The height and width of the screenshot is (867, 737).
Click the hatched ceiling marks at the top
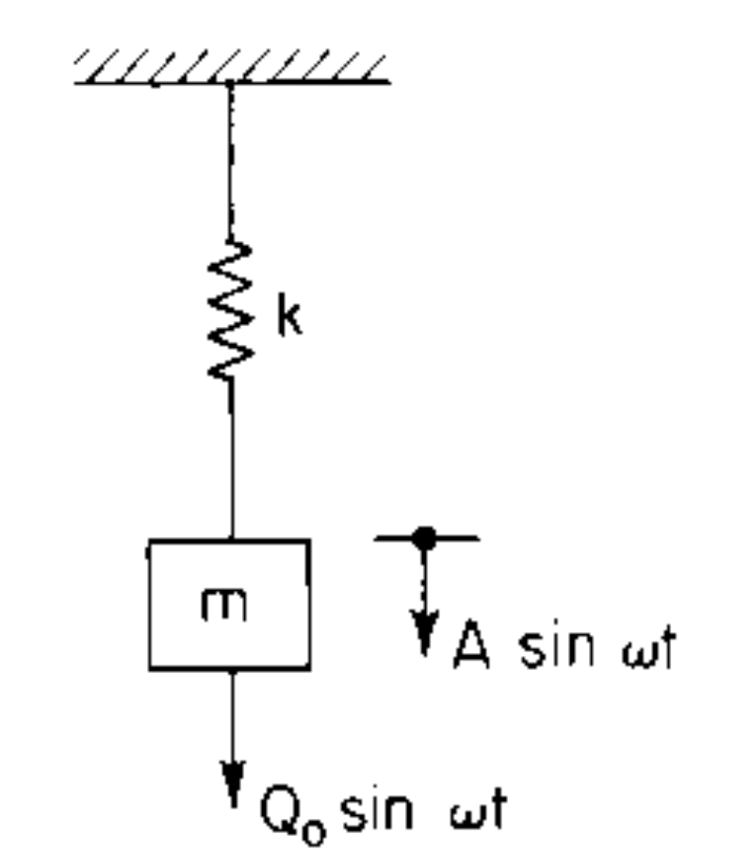231,66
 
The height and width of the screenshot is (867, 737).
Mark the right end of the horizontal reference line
477,539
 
